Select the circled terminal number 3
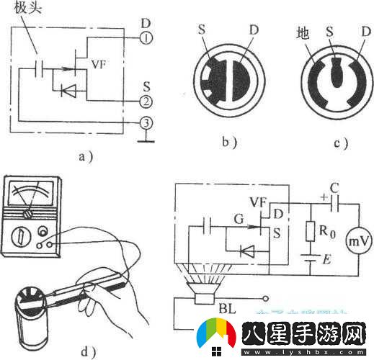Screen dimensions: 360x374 pyautogui.click(x=146, y=123)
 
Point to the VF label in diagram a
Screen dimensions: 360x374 pyautogui.click(x=100, y=64)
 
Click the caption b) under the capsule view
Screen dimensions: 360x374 pyautogui.click(x=230, y=142)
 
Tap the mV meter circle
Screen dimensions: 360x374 pyautogui.click(x=356, y=243)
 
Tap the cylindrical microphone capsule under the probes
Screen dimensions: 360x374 pyautogui.click(x=30, y=324)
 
